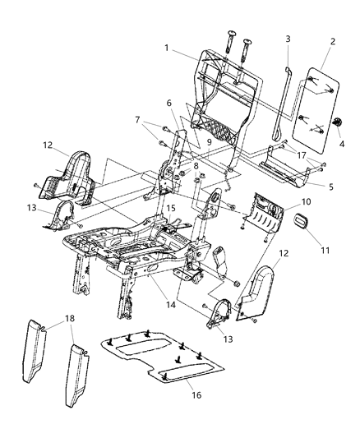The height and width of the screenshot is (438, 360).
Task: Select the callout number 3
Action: tap(288, 39)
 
